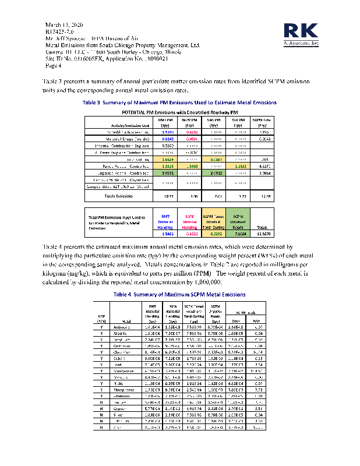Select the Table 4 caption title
click(x=179, y=294)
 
